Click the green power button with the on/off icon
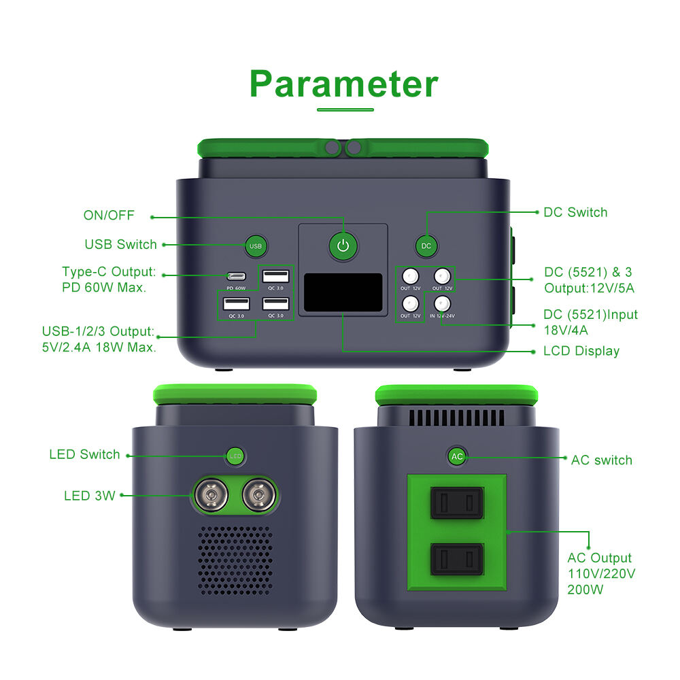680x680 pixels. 343,246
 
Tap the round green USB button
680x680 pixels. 256,246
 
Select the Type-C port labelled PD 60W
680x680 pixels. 237,276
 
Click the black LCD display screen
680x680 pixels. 343,292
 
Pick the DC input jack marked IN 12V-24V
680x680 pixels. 442,303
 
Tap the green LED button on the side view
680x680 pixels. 235,456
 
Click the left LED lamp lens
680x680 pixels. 211,495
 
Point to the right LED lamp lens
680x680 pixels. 259,495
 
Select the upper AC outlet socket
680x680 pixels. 457,503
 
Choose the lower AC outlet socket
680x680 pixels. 457,560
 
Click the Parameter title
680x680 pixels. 344,84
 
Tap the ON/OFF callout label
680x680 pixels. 109,215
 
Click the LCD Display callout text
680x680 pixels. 581,352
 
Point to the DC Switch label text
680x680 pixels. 575,212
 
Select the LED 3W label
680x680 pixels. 89,496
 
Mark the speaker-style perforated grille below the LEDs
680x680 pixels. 235,560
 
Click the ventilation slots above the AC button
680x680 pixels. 457,418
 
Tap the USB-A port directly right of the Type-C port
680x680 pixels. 275,276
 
